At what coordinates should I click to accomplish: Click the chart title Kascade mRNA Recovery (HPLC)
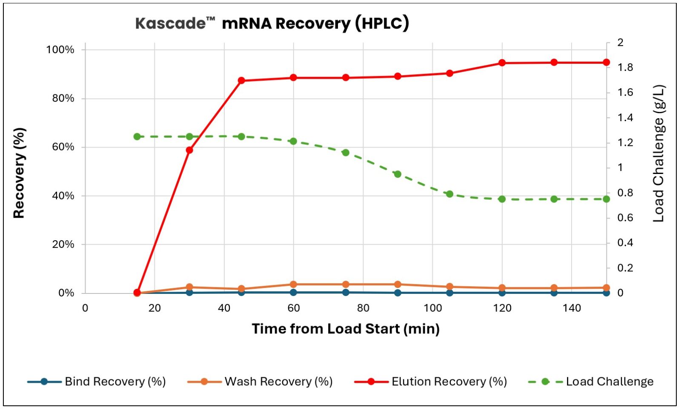pos(272,23)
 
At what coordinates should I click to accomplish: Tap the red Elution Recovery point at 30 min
pos(189,150)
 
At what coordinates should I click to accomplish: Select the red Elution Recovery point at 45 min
pos(241,80)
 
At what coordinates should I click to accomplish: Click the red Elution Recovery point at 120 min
pos(502,63)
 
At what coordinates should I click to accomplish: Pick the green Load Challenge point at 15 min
pos(137,137)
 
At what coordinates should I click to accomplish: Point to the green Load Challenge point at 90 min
pos(398,174)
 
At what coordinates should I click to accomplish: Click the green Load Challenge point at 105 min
pos(449,194)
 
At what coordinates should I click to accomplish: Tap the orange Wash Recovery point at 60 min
pos(293,284)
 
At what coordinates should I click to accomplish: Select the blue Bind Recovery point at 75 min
pos(346,292)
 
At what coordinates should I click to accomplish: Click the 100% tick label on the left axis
pos(60,50)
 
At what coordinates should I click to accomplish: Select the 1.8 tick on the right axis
pos(625,67)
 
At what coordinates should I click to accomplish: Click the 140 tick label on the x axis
pos(572,308)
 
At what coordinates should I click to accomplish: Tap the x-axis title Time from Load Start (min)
pos(346,329)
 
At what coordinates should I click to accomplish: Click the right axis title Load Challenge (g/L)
pos(658,153)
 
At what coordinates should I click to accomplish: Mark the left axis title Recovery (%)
pos(19,173)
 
